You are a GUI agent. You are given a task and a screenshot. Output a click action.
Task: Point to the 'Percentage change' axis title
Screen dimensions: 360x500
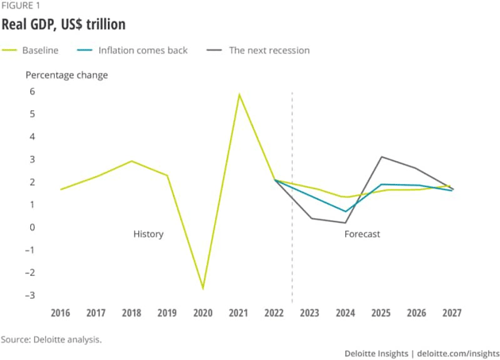click(67, 75)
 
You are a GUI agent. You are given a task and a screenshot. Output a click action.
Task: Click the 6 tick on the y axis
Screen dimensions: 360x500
click(33, 91)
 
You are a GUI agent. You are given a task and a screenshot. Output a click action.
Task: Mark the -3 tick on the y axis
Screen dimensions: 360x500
click(30, 296)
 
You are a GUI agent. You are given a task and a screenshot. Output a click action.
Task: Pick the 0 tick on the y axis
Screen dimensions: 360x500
click(33, 228)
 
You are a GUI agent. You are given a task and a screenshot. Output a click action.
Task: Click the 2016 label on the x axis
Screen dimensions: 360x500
click(60, 312)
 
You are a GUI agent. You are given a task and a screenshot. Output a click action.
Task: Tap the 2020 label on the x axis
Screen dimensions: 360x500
click(202, 312)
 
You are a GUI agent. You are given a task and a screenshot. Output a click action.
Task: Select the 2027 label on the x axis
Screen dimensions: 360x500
click(452, 312)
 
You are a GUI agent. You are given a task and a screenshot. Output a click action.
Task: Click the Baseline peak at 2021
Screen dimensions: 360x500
click(239, 94)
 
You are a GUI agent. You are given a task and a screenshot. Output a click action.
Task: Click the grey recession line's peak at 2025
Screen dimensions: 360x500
click(381, 156)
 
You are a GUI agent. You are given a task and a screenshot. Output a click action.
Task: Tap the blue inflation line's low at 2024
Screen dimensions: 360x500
click(345, 212)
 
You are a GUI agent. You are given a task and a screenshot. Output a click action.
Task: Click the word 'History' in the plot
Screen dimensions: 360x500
click(148, 235)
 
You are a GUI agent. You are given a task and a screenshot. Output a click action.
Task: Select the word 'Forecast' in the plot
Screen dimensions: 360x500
click(362, 235)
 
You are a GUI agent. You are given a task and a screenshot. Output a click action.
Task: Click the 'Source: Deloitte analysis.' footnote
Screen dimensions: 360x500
click(52, 339)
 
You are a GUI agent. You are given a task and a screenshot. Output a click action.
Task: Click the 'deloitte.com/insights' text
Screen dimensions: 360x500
click(458, 352)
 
